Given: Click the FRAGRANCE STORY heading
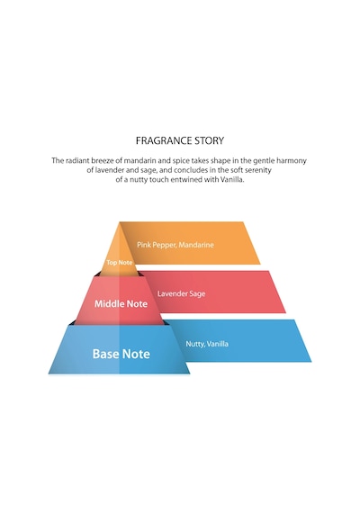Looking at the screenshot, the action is (180, 140).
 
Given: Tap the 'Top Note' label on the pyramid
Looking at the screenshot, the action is (119, 263).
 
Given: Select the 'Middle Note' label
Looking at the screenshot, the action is (121, 303).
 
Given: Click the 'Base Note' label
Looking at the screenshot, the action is (121, 354).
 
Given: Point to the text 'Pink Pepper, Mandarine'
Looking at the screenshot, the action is (175, 245).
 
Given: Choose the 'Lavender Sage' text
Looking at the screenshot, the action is (181, 293).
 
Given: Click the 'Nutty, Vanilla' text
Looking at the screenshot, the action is (207, 344).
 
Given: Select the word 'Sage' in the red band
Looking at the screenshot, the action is (197, 293).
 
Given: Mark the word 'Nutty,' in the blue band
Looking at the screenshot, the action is (195, 344).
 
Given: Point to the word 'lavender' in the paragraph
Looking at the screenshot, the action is (108, 170).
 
